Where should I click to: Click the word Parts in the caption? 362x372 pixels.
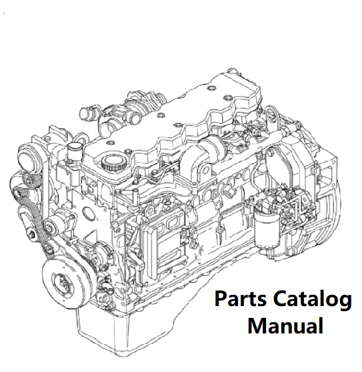(x=241, y=299)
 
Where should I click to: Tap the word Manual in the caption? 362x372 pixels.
(x=285, y=325)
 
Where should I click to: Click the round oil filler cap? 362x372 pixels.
(x=112, y=162)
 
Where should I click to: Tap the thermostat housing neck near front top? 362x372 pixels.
(x=73, y=152)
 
